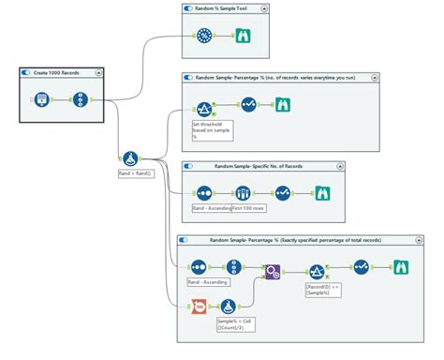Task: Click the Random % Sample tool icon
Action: (204, 36)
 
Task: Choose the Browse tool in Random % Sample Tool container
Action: (241, 36)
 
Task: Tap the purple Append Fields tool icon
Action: (273, 273)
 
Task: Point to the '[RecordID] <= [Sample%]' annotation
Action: (324, 288)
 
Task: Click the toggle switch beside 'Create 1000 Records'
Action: (26, 71)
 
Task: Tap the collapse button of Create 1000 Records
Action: (100, 71)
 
